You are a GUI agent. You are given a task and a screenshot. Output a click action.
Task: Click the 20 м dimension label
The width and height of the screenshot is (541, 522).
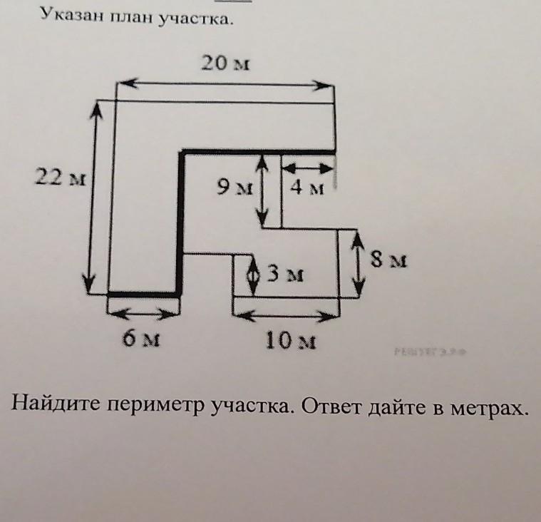click(225, 64)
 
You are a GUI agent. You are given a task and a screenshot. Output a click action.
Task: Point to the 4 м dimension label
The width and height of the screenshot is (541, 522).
click(308, 189)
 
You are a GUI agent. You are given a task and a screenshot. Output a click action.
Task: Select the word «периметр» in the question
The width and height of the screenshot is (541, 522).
click(153, 409)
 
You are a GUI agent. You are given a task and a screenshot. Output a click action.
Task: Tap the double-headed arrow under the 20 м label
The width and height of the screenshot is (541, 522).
click(225, 84)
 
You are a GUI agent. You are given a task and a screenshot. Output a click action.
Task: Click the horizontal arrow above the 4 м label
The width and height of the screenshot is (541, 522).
click(308, 168)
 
